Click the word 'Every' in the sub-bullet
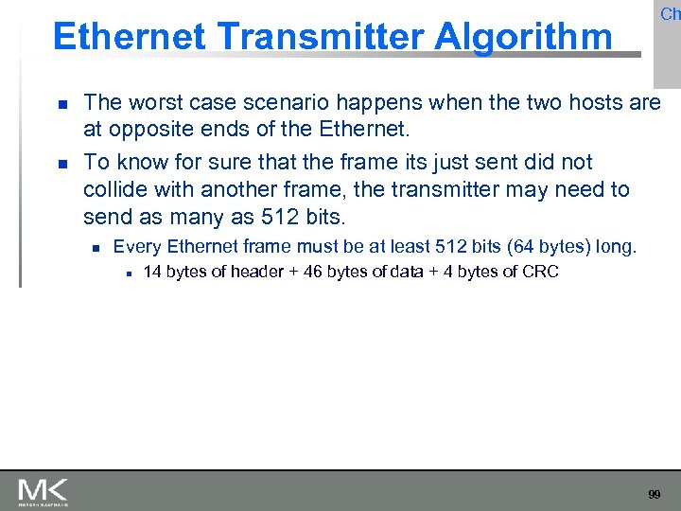[136, 248]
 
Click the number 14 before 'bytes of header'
[152, 273]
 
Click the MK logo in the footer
[43, 492]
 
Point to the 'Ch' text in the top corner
[670, 14]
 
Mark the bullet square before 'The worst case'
[61, 103]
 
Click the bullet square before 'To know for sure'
[61, 164]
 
